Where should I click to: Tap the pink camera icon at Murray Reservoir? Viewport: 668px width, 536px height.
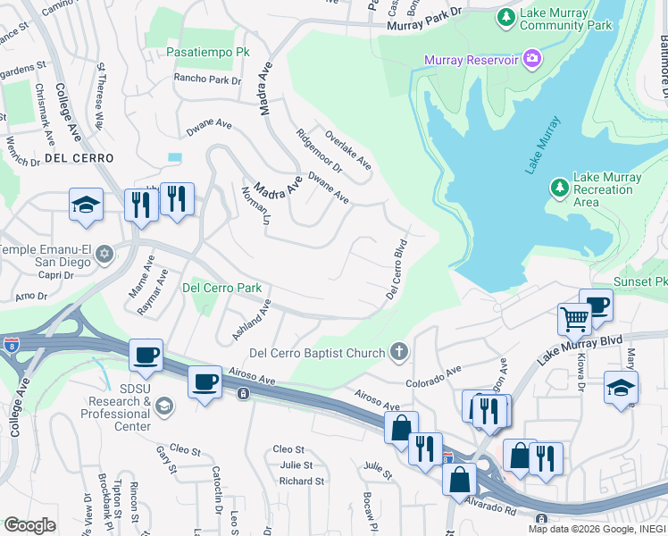point(533,60)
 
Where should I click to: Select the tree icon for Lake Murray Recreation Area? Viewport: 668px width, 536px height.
point(559,188)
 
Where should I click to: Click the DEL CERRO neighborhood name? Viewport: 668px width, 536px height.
point(79,157)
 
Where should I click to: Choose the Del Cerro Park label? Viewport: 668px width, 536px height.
point(221,288)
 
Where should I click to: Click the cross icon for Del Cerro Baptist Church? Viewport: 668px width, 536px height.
point(400,353)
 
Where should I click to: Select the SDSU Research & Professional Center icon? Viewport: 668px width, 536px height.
point(163,407)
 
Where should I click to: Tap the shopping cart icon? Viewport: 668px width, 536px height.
point(573,318)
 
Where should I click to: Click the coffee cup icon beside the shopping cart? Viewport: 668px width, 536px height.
point(596,304)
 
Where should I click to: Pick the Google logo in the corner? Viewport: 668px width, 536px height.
point(29,525)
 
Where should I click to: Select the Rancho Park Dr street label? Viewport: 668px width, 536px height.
point(208,80)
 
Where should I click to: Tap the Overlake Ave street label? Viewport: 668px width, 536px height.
point(348,149)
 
